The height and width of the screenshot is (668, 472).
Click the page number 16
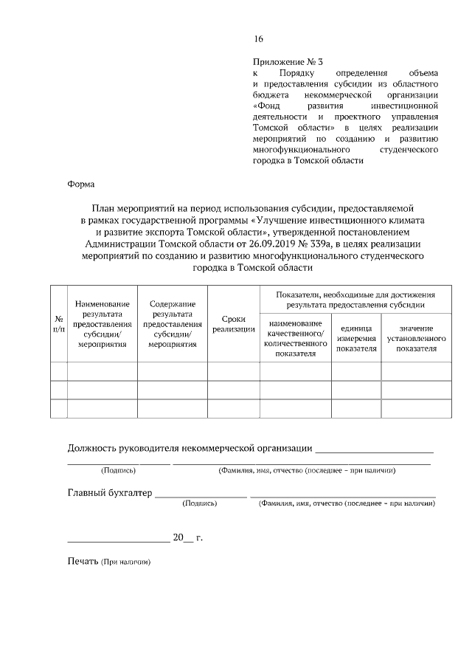[257, 39]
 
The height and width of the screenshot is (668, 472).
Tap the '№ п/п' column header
[59, 323]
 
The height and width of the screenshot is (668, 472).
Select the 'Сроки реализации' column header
[233, 323]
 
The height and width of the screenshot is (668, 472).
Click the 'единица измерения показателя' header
[356, 338]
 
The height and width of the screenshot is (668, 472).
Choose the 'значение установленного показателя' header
[416, 338]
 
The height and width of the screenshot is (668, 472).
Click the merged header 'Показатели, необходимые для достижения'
[355, 298]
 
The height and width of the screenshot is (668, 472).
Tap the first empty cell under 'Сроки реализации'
[233, 371]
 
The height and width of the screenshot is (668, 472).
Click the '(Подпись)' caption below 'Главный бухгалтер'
[199, 503]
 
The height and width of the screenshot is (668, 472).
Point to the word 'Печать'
[83, 562]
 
